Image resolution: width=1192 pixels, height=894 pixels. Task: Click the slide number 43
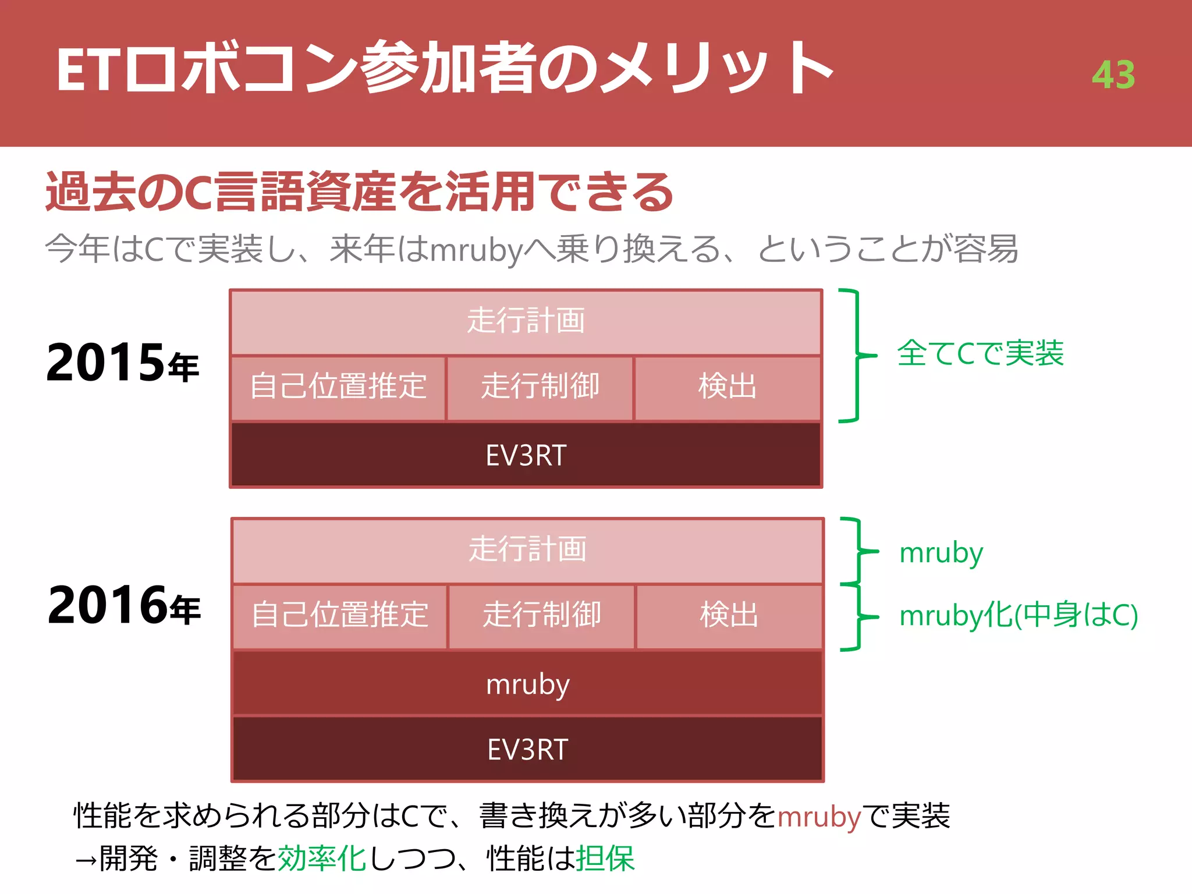coord(1113,75)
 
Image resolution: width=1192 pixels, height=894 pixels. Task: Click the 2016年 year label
coord(124,606)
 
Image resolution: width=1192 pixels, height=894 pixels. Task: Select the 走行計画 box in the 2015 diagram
coord(526,322)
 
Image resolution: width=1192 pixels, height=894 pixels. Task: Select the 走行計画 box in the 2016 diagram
coord(527,550)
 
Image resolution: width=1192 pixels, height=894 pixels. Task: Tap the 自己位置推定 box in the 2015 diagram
coord(338,387)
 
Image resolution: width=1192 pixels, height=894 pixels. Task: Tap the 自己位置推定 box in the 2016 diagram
coord(340,616)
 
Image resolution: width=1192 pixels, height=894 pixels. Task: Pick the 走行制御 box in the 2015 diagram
coord(540,387)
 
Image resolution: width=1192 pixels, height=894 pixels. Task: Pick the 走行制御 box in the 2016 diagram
coord(542,616)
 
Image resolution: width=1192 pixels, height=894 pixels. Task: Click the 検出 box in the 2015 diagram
coord(728,387)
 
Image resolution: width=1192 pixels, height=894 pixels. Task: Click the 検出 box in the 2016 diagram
coord(729,616)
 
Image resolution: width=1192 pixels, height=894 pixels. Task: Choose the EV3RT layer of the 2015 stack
coord(526,455)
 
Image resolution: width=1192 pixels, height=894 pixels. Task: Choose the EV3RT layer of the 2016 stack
coord(527,749)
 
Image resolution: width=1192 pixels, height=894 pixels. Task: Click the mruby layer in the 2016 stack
coord(527,684)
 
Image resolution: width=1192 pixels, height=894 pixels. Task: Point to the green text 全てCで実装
coord(980,353)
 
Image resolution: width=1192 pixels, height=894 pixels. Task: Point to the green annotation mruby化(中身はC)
coord(1019,615)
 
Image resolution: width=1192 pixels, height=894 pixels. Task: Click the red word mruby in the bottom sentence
coord(819,817)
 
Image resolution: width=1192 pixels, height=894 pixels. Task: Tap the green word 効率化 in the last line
coord(322,858)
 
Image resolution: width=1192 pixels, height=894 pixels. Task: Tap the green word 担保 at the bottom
coord(605,858)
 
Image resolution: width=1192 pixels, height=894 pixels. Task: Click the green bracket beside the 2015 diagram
coord(856,355)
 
